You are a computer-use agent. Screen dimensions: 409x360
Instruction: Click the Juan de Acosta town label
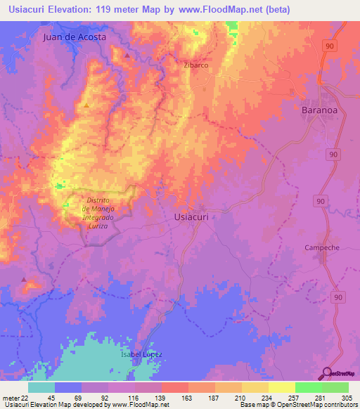tap(75, 37)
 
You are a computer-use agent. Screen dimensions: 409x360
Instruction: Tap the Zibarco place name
tap(195, 65)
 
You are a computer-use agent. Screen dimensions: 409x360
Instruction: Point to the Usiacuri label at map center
tap(191, 217)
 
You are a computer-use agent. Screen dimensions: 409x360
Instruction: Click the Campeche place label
tap(323, 247)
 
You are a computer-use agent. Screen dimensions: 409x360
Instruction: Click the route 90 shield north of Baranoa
tap(329, 44)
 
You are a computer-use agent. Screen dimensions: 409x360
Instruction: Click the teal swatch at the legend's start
tap(41, 387)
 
